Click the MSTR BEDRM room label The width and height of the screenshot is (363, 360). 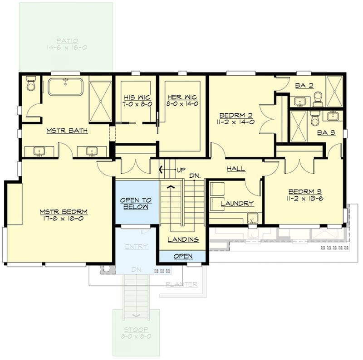click(x=64, y=211)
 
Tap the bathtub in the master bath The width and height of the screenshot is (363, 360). click(x=66, y=87)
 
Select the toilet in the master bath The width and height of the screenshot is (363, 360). click(x=31, y=84)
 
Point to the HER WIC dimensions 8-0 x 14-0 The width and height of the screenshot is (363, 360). click(x=182, y=104)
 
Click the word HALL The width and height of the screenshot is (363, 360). click(x=236, y=169)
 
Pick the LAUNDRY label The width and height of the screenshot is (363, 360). click(x=237, y=204)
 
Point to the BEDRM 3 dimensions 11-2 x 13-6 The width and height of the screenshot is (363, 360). click(x=305, y=198)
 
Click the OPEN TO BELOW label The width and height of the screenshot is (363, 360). click(x=136, y=204)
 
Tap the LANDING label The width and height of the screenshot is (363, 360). click(x=183, y=239)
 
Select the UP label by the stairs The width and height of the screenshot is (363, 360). click(x=181, y=170)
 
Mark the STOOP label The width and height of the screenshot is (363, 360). click(x=137, y=330)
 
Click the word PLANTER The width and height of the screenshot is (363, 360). click(x=181, y=284)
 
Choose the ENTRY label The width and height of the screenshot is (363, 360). click(x=136, y=247)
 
